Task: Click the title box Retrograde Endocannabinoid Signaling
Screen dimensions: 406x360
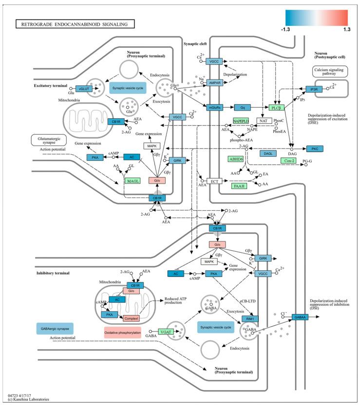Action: click(74, 23)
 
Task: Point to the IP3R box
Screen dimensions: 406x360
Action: click(313, 89)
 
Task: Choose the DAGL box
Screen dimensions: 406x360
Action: click(267, 153)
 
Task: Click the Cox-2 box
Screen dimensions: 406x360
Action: click(287, 160)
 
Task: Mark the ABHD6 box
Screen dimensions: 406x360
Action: click(237, 159)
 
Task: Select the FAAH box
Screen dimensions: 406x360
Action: click(239, 185)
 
